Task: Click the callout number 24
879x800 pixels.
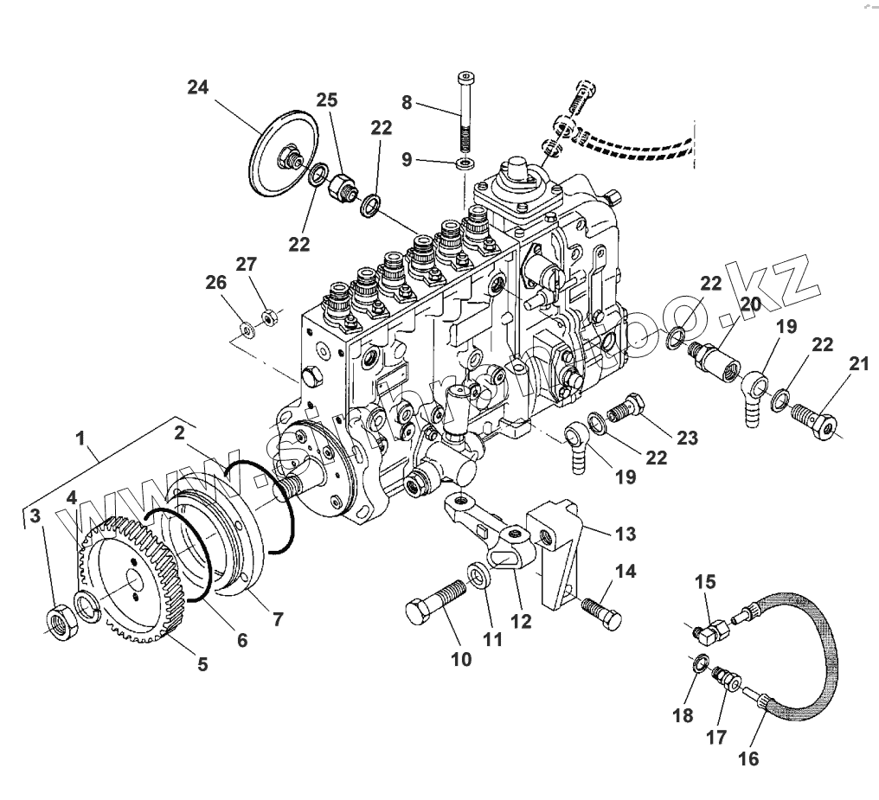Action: [198, 87]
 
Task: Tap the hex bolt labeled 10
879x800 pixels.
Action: [435, 601]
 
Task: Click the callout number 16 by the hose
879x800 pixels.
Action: [747, 759]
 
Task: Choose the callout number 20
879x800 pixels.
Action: [750, 304]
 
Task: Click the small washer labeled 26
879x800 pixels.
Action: [247, 329]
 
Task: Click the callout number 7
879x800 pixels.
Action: [278, 618]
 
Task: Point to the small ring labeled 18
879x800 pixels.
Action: [698, 665]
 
